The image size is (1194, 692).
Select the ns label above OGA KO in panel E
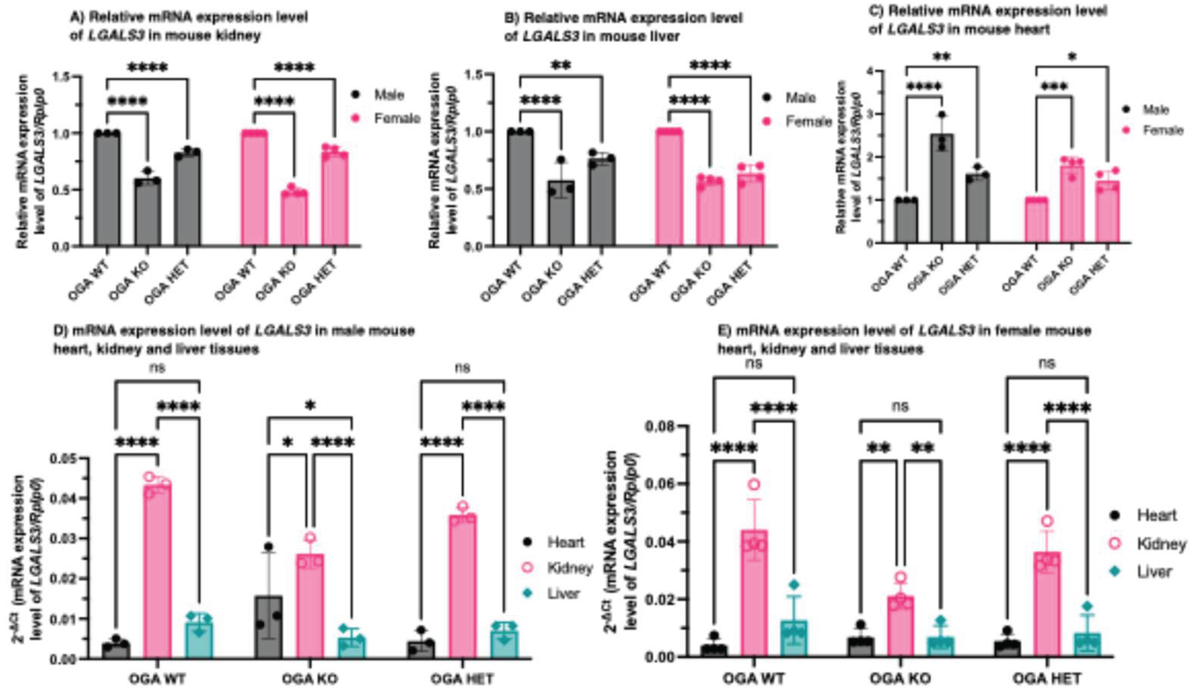click(900, 406)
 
